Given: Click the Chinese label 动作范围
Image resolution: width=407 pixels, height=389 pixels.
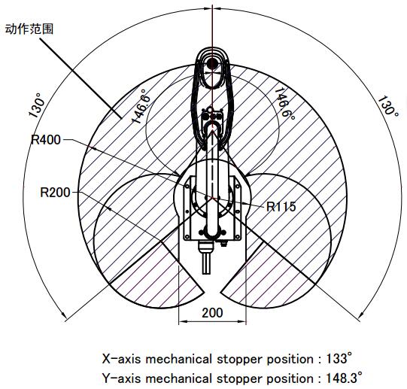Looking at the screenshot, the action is [x=29, y=29].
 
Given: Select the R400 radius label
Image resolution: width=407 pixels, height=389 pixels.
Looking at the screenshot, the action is [x=46, y=140].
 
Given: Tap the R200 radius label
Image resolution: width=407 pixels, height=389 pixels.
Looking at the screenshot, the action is [x=55, y=193].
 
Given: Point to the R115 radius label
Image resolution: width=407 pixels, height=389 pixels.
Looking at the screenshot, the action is [x=281, y=206].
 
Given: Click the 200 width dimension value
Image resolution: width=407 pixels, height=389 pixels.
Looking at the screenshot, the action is [x=212, y=313].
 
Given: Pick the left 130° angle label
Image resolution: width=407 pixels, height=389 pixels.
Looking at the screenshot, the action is [x=36, y=105].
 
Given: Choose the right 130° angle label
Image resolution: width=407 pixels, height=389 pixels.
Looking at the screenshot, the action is [x=388, y=107].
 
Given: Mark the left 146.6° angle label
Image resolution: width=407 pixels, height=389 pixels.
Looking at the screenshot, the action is [x=141, y=106].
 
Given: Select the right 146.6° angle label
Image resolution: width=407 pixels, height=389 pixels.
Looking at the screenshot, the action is [x=284, y=104].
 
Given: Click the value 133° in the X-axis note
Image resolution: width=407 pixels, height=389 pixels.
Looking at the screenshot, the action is [x=339, y=359].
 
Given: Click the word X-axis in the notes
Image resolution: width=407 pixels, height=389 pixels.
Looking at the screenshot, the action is [x=121, y=359].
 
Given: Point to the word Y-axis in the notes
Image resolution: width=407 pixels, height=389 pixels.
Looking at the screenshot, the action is [x=121, y=378].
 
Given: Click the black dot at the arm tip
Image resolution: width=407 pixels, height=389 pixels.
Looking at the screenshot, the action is [x=212, y=63].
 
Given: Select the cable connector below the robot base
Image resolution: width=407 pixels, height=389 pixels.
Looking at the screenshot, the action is [x=206, y=258].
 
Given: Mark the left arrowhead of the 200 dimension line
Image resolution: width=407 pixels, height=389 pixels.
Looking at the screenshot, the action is [x=184, y=321].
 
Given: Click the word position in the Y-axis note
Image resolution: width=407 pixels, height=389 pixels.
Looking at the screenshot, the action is [x=290, y=379].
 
